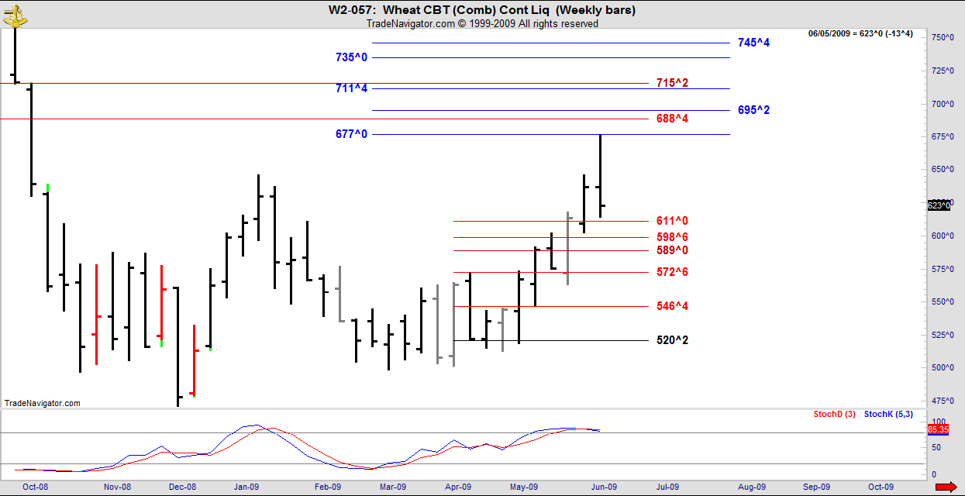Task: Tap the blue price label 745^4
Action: [x=753, y=43]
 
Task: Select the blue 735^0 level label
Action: [x=351, y=57]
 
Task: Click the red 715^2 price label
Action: [x=672, y=83]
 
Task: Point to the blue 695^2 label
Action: [x=753, y=110]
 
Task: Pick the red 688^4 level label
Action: [x=672, y=119]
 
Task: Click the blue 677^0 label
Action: [x=351, y=134]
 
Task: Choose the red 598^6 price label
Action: [x=672, y=237]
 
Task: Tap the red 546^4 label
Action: [x=672, y=306]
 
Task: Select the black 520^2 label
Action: [x=672, y=340]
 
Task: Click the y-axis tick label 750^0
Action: [x=942, y=37]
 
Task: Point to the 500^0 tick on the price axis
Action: [x=942, y=367]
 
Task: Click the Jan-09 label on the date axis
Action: [x=246, y=487]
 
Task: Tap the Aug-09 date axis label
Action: [x=751, y=487]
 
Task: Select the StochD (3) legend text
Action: [x=834, y=414]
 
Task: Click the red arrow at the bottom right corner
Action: [x=946, y=487]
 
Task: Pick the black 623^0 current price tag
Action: [x=938, y=205]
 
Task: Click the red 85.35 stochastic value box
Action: [x=937, y=429]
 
